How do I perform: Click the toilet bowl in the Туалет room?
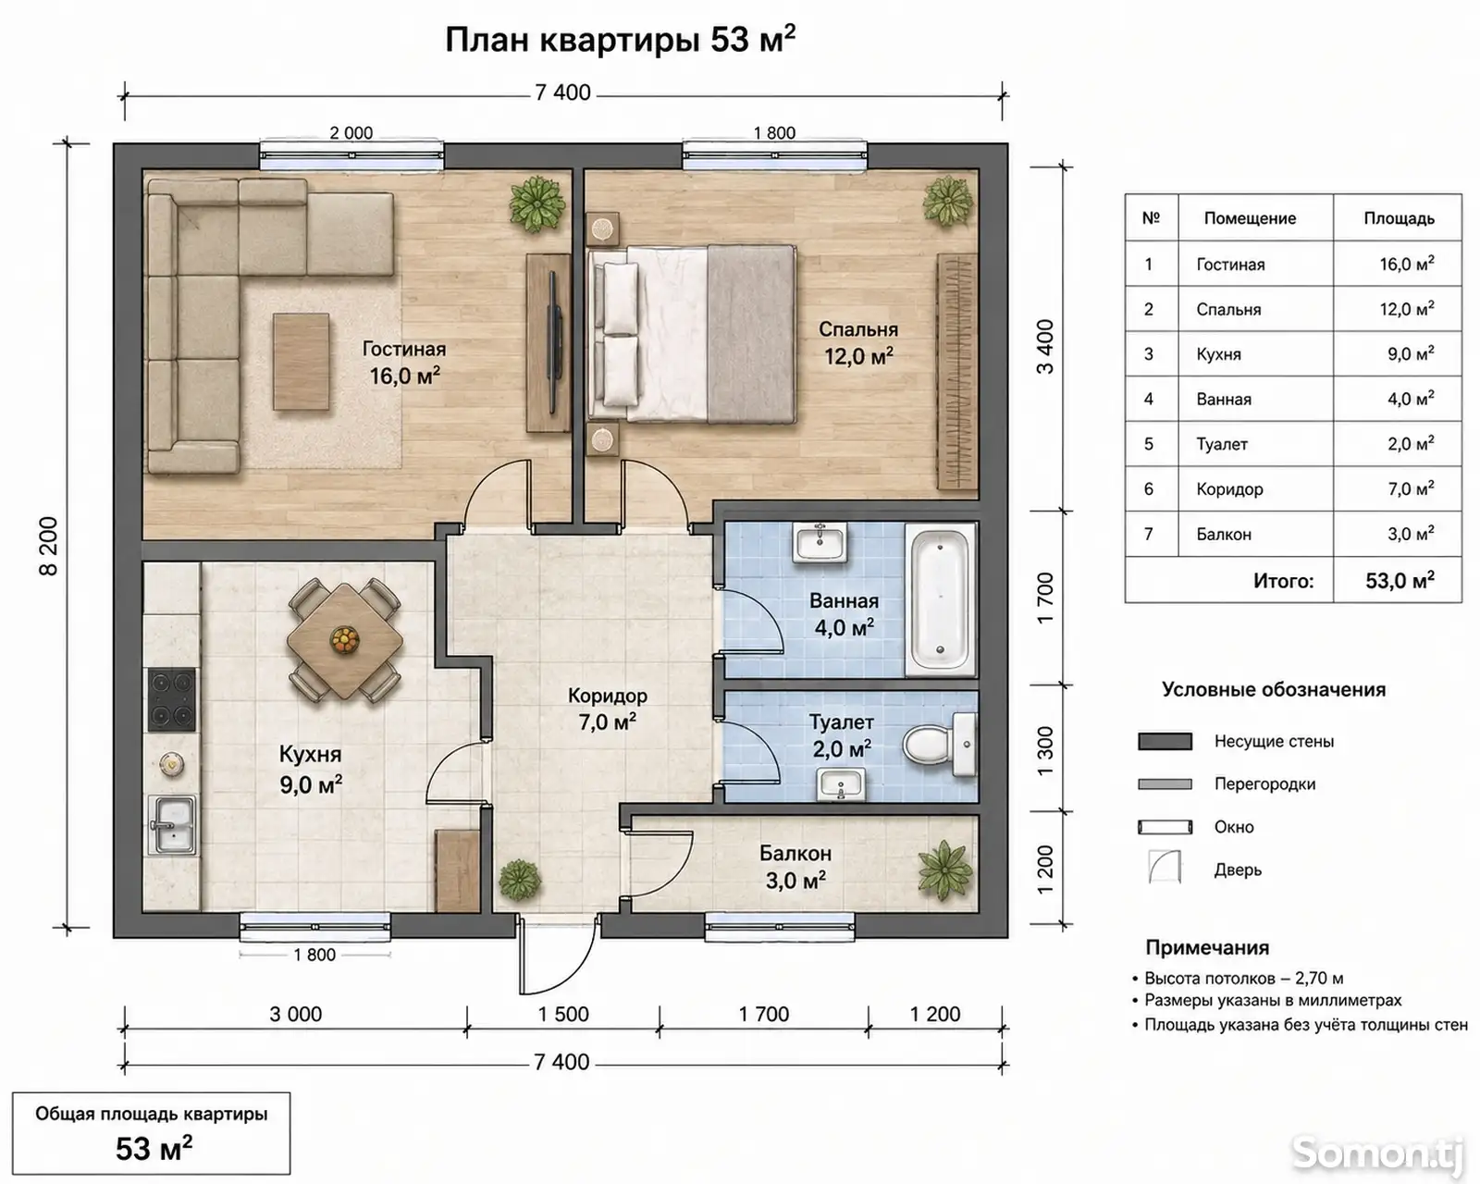938,745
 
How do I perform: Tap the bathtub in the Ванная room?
940,598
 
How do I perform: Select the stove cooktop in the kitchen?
172,699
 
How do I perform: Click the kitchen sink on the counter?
172,823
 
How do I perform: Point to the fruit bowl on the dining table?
344,640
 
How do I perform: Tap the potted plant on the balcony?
945,870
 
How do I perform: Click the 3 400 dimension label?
1044,347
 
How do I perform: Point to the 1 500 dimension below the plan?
563,1014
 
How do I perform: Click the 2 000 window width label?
351,133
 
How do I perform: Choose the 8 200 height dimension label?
49,546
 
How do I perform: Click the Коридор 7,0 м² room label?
608,709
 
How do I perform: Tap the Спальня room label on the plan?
858,329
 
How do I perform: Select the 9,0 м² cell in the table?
1411,353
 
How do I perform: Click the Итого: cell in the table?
1283,581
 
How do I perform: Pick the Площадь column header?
1399,218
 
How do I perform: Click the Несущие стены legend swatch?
1165,741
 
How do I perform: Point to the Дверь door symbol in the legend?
1165,866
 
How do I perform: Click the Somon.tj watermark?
1377,1153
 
